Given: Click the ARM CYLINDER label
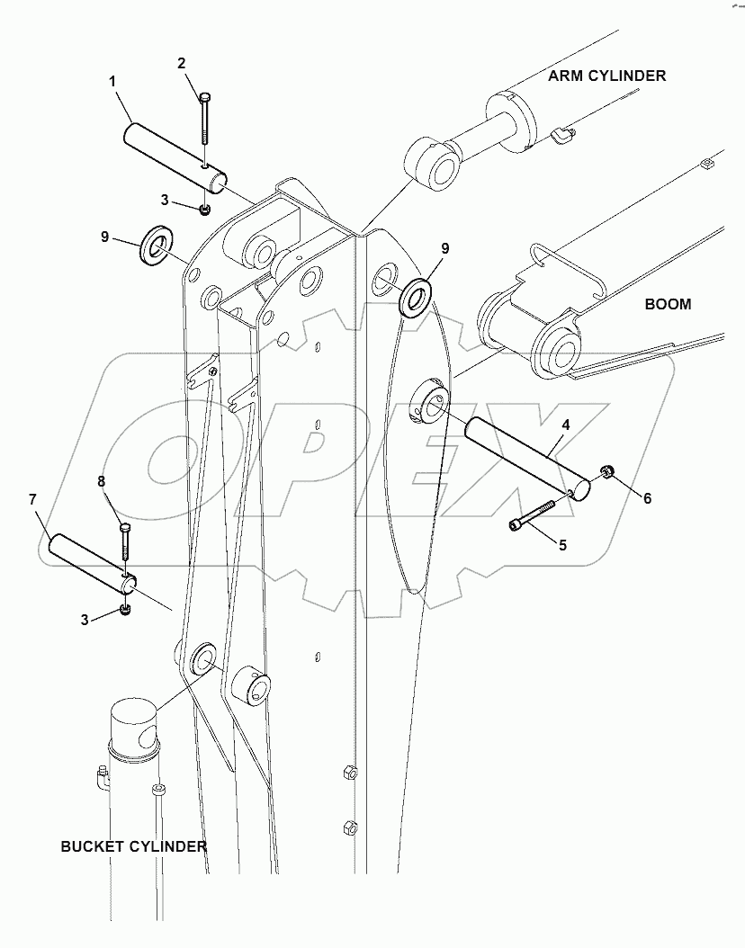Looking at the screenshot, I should coord(607,76).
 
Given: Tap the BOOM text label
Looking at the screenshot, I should coord(668,304).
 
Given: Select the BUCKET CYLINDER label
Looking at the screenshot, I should coord(133,846).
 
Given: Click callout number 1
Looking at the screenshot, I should coord(112,82).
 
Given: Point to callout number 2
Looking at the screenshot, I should coord(181,63).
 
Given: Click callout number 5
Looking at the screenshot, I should coord(561,544).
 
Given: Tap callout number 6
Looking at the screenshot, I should coord(646,497).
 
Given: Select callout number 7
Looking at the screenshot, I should coord(32,497).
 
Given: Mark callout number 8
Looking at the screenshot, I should coord(102,481).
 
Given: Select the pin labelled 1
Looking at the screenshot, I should coord(175,157).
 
